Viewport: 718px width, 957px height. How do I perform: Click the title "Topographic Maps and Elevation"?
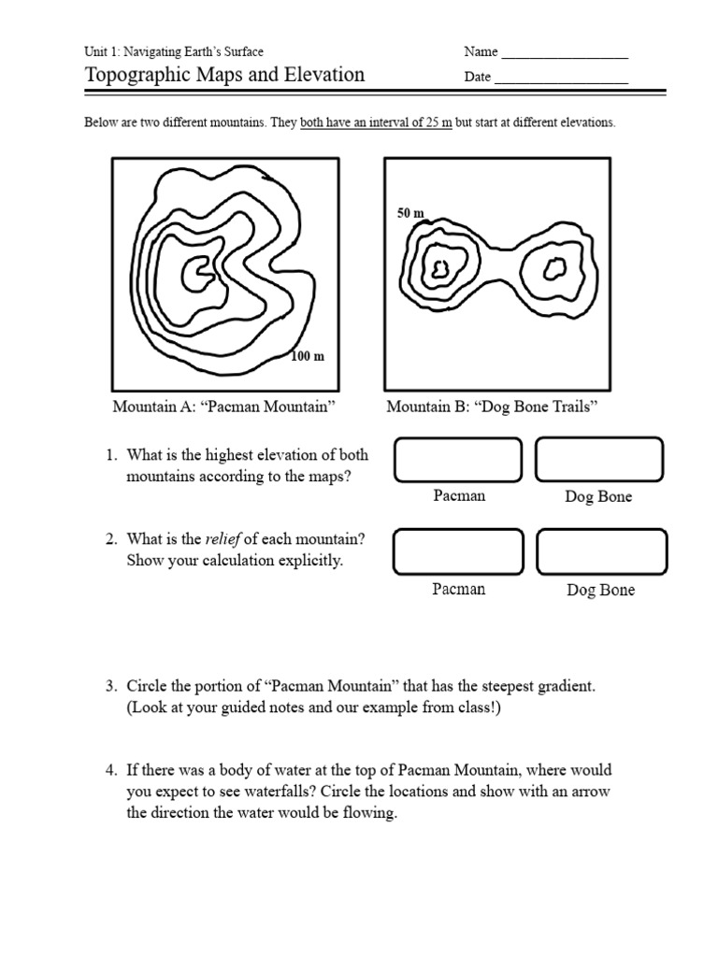[224, 75]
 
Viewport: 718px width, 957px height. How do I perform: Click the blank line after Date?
[561, 79]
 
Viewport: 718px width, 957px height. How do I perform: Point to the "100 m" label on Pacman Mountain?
[308, 356]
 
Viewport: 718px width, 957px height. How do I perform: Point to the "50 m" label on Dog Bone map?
[410, 213]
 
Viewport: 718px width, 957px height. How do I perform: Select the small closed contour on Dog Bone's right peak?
[553, 269]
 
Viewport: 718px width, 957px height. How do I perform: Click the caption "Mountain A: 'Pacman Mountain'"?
[224, 407]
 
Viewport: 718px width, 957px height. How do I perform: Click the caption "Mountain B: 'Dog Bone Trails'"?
[492, 407]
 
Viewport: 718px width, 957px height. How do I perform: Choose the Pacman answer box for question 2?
[458, 551]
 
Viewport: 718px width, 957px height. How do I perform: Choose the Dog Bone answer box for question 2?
[602, 551]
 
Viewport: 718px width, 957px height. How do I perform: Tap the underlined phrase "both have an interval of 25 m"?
[376, 123]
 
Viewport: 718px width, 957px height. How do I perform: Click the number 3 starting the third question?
[108, 687]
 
